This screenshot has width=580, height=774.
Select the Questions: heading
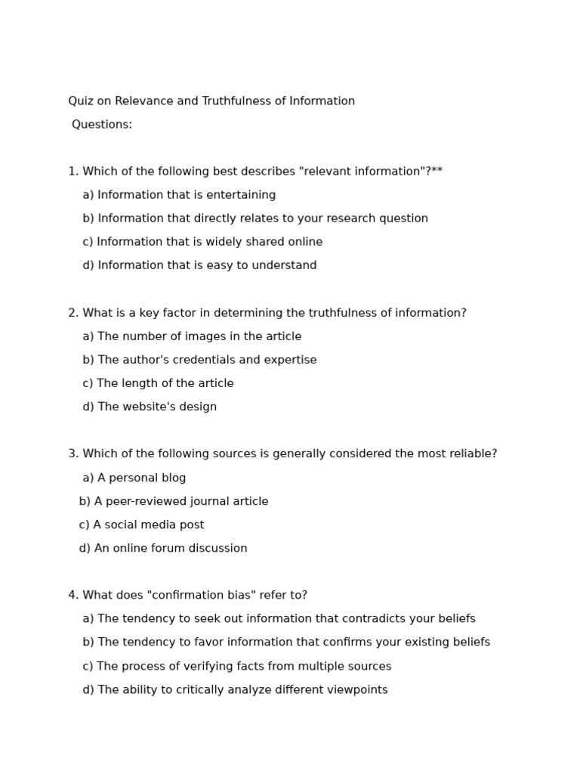click(102, 125)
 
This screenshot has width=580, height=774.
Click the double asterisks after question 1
click(437, 172)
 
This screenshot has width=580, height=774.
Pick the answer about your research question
click(255, 218)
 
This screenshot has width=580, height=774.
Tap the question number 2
click(72, 313)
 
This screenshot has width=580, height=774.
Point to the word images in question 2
click(209, 336)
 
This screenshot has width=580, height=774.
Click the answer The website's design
click(150, 407)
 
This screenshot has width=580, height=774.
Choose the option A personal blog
click(134, 478)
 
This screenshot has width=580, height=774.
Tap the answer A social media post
click(141, 525)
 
